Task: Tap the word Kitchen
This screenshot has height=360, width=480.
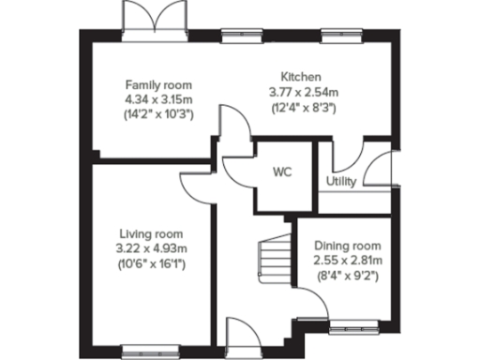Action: (302, 77)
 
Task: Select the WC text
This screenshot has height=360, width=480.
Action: (282, 172)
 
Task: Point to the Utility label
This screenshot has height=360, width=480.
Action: (341, 181)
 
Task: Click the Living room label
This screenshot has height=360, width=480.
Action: (151, 233)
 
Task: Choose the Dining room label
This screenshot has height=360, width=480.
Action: (347, 246)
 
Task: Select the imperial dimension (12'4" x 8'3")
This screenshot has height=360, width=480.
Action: (302, 108)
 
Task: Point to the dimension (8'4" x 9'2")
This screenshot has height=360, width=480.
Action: (347, 277)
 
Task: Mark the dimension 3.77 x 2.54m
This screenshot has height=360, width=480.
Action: (302, 92)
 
